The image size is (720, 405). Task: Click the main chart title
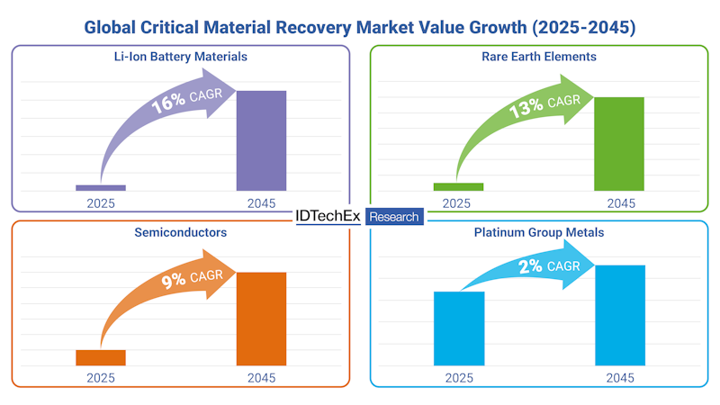tap(360, 27)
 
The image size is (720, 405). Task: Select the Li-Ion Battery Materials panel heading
tap(180, 57)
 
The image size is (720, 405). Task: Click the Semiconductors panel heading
tap(180, 232)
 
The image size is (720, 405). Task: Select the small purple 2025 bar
tap(101, 187)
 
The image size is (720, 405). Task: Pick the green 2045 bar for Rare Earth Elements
tap(619, 143)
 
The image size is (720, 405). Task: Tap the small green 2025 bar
tap(458, 186)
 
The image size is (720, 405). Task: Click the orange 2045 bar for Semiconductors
tap(261, 319)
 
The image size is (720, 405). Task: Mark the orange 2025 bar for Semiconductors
tap(101, 357)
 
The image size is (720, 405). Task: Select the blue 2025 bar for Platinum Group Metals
tap(459, 328)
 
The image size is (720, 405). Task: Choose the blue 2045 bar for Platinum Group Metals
tap(620, 315)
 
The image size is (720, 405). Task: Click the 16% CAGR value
tap(168, 103)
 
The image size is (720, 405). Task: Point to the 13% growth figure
tap(526, 107)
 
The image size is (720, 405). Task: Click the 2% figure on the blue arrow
tap(532, 266)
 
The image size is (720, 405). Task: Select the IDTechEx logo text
tap(328, 217)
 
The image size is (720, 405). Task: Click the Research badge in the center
tap(394, 217)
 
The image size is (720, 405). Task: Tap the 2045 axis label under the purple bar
tap(261, 203)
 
